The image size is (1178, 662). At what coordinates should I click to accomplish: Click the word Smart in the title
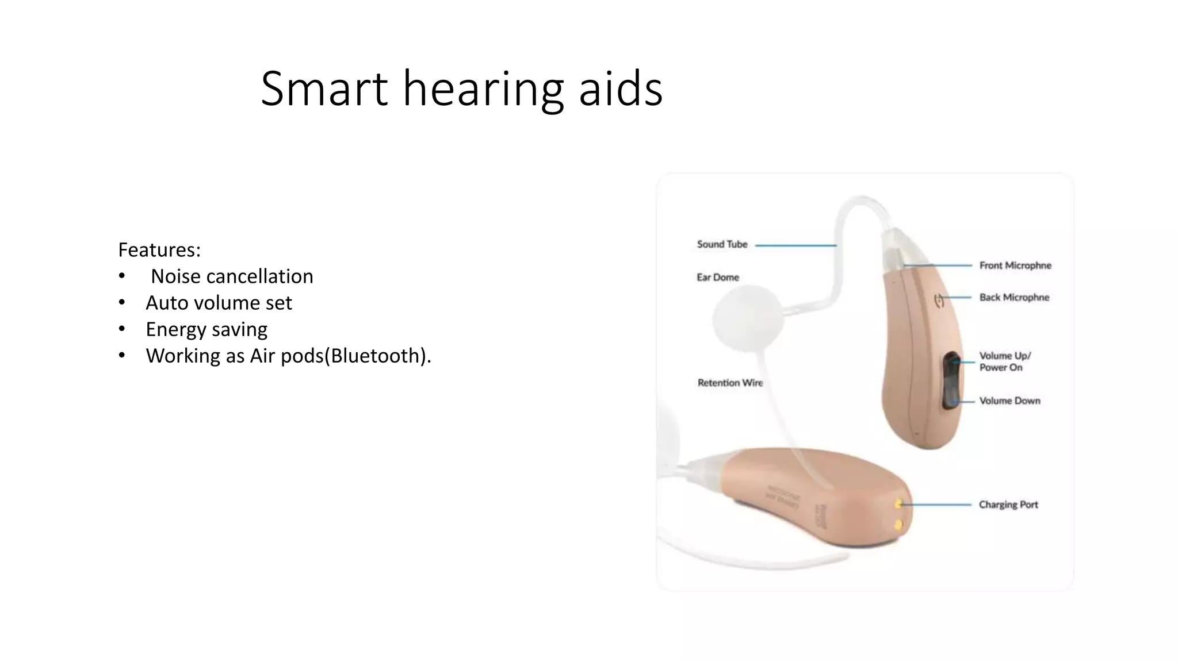click(x=324, y=89)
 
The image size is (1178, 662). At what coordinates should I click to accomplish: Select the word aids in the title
click(x=620, y=89)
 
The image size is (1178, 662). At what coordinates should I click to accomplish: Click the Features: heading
click(x=159, y=250)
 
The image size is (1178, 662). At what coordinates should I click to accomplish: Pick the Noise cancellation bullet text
click(x=232, y=276)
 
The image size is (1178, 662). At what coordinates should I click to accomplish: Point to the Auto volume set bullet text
click(x=219, y=303)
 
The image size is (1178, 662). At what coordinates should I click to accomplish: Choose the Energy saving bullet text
click(x=206, y=329)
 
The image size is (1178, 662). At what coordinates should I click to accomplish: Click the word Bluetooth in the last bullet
click(x=377, y=356)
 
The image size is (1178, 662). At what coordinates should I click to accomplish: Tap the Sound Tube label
click(x=722, y=244)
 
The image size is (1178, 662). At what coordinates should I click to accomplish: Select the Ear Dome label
click(x=718, y=278)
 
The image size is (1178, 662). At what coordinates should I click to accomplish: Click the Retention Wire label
click(x=730, y=383)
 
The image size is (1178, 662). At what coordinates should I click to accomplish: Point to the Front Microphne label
click(x=1015, y=265)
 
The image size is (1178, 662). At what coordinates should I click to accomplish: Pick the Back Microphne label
click(x=1014, y=297)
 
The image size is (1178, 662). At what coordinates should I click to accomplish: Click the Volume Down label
click(x=1009, y=401)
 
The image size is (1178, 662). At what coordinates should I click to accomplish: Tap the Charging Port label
click(x=1008, y=505)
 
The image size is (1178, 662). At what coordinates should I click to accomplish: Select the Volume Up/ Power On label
click(x=1005, y=361)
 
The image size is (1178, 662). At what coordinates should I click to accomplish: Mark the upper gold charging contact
click(x=898, y=504)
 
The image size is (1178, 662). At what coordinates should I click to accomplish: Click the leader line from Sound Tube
click(x=795, y=245)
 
